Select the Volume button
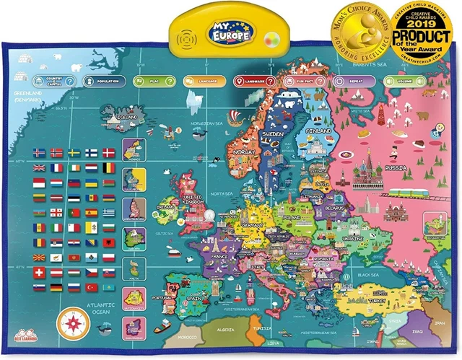pyautogui.click(x=398, y=82)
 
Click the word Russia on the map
pyautogui.click(x=396, y=168)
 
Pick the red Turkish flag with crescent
pyautogui.click(x=91, y=287)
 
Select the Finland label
pyautogui.click(x=318, y=131)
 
